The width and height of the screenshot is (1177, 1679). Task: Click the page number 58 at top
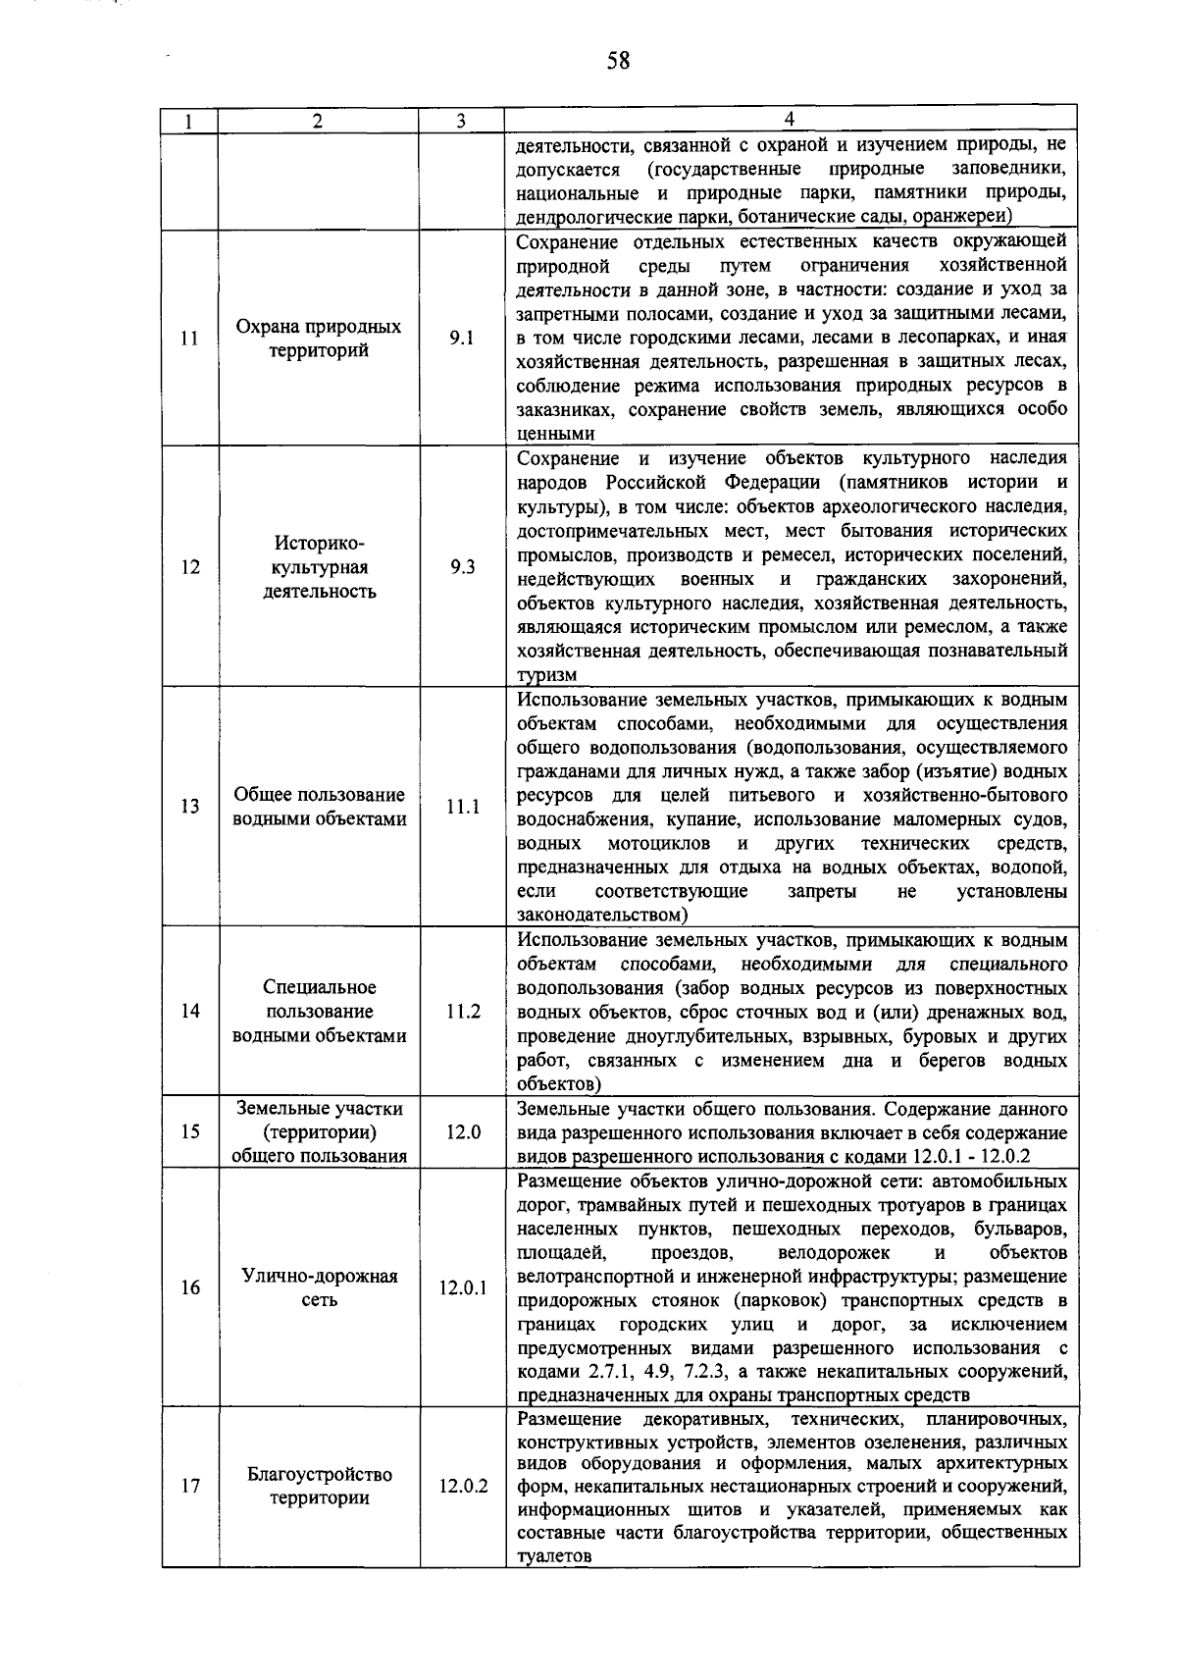tap(617, 62)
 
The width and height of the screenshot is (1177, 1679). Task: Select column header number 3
tap(460, 121)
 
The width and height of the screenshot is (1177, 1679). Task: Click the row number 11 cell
tap(190, 339)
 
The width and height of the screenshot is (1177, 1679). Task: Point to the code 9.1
tap(461, 339)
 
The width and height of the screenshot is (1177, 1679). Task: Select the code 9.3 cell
tap(462, 567)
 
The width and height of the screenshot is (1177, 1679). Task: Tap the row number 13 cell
tap(190, 807)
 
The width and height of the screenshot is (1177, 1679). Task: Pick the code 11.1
tap(462, 807)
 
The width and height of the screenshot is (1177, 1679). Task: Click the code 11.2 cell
tap(462, 1012)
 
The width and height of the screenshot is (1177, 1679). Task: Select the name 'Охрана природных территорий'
tap(319, 339)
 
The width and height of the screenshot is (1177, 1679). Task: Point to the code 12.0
tap(462, 1132)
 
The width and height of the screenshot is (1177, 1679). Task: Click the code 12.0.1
tap(462, 1288)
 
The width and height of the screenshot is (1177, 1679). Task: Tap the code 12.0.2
tap(462, 1487)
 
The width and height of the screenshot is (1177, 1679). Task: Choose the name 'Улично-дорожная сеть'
tap(319, 1288)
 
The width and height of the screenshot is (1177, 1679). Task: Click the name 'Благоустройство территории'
tap(319, 1487)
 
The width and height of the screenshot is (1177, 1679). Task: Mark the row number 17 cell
tap(190, 1487)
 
